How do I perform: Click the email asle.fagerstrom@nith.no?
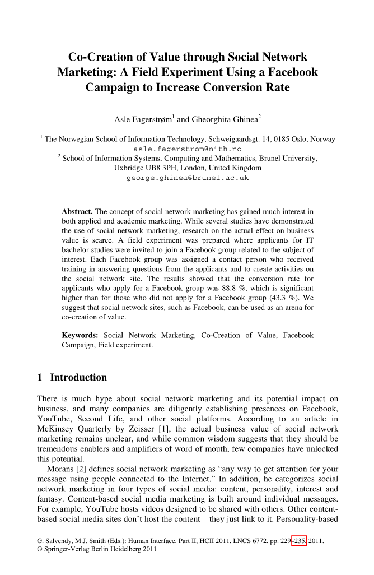coord(188,149)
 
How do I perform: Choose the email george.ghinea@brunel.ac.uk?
coord(188,178)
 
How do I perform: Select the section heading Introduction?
coord(78,377)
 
